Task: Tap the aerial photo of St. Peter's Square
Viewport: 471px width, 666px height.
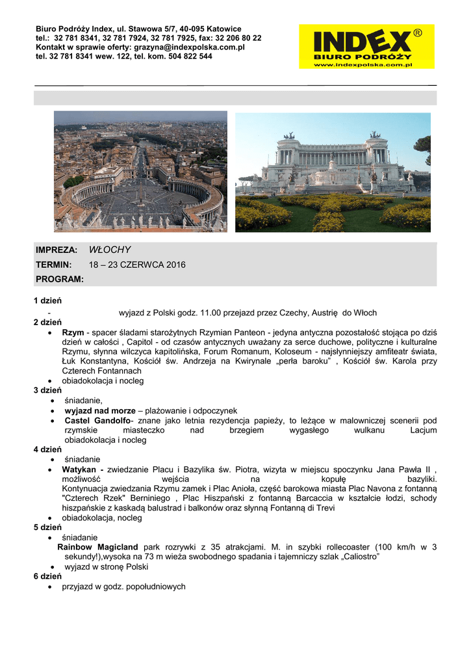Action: pos(140,171)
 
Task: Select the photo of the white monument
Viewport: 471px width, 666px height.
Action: pos(333,172)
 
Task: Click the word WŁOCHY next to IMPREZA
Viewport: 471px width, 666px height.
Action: pos(110,250)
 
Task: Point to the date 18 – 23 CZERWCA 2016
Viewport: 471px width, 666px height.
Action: pos(137,265)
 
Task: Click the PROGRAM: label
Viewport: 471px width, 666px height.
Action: pos(60,279)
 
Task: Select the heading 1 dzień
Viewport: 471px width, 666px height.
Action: pos(47,300)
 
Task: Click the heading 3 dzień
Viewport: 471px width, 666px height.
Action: pos(47,391)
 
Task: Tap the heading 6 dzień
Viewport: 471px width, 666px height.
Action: pos(47,576)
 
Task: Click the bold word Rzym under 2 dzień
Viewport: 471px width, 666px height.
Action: pos(73,332)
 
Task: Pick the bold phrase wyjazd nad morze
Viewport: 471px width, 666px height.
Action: pos(99,411)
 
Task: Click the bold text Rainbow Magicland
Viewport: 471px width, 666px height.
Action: pos(97,547)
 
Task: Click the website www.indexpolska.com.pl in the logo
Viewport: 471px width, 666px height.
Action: pos(363,64)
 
